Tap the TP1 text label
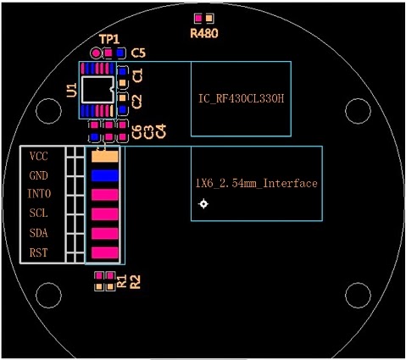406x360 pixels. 109,40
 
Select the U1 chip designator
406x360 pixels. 72,89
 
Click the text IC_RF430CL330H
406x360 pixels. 240,99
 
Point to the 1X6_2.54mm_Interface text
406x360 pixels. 256,183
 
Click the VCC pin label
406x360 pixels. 39,157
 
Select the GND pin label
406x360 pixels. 39,176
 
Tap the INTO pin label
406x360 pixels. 39,195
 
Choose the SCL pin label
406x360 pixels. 39,213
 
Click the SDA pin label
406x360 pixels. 39,233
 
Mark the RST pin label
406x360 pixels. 39,252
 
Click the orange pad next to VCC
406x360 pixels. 104,157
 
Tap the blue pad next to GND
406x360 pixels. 104,175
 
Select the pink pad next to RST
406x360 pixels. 104,252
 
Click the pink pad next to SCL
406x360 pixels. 104,213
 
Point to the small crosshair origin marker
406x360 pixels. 203,204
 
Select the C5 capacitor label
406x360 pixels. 138,53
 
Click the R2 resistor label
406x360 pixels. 134,282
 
